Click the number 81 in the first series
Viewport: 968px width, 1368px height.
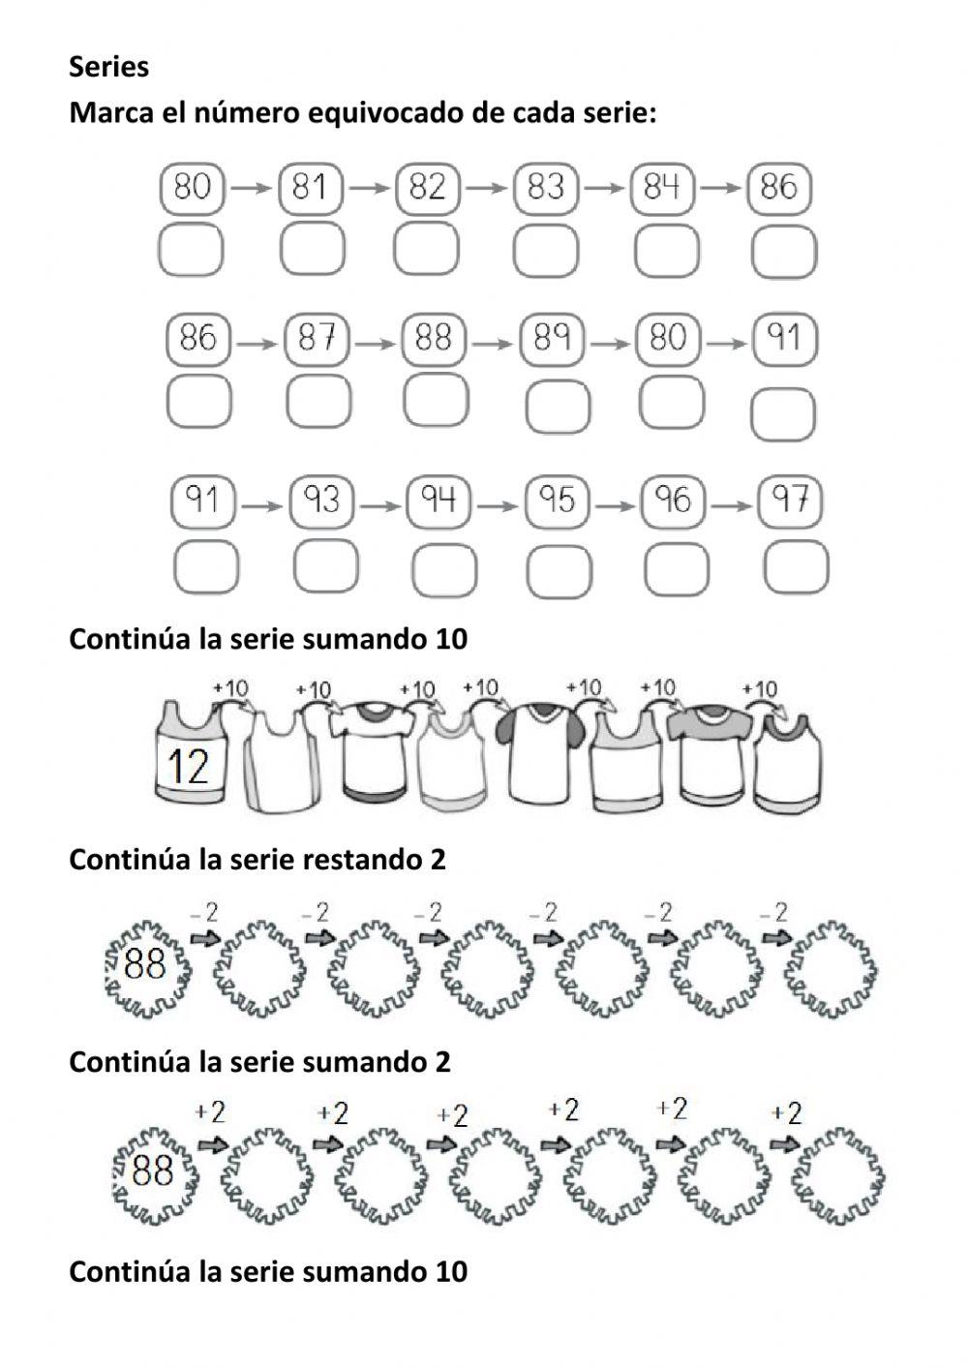310,187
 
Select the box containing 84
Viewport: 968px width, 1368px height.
662,187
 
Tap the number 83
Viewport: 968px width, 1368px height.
545,187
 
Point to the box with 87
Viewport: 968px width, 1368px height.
317,338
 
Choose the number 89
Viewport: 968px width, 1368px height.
551,338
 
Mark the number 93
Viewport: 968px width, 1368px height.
322,501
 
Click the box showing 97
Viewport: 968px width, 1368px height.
790,501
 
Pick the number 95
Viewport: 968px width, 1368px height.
558,501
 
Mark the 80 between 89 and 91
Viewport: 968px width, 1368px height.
668,338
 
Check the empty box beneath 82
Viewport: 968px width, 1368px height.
425,249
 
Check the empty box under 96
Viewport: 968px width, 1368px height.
676,568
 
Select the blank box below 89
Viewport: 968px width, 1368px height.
558,406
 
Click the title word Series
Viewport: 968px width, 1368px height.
108,67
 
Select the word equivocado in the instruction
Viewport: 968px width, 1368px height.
383,113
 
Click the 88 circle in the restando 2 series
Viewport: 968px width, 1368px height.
147,965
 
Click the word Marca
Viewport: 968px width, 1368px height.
107,113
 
